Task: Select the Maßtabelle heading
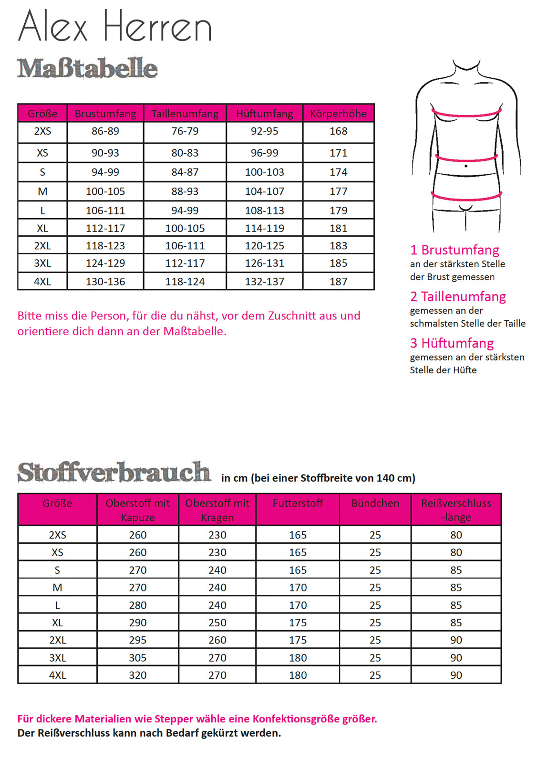87,68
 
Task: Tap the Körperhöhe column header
338,114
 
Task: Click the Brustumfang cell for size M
105,191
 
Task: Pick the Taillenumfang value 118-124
185,282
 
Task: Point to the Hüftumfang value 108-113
265,211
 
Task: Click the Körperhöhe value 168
338,131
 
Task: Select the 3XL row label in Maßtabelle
42,263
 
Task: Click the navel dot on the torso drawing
466,166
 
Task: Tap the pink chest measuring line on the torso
466,115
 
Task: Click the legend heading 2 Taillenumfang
458,296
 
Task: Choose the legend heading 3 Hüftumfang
452,343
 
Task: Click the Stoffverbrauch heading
114,472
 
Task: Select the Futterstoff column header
298,503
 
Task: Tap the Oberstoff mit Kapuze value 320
138,675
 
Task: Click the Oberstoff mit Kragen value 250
217,623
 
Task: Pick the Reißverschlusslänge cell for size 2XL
456,640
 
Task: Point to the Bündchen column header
375,503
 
